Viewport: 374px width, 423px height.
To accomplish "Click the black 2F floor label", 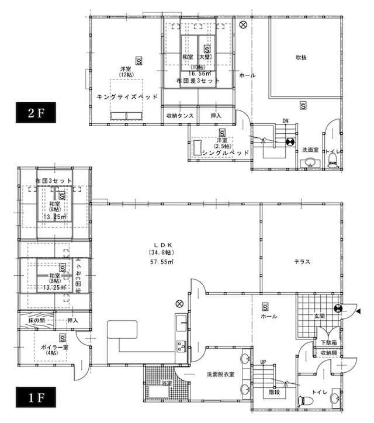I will (x=35, y=113).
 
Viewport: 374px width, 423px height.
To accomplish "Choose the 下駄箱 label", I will (x=327, y=342).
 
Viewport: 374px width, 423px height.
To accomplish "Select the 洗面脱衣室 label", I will (x=220, y=375).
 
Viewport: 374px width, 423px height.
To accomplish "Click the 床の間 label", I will (x=37, y=321).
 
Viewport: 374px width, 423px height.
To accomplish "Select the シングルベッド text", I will (x=224, y=152).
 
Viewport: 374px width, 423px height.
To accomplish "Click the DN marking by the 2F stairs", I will (x=285, y=121).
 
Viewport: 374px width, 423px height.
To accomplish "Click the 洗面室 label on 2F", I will (x=310, y=150).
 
